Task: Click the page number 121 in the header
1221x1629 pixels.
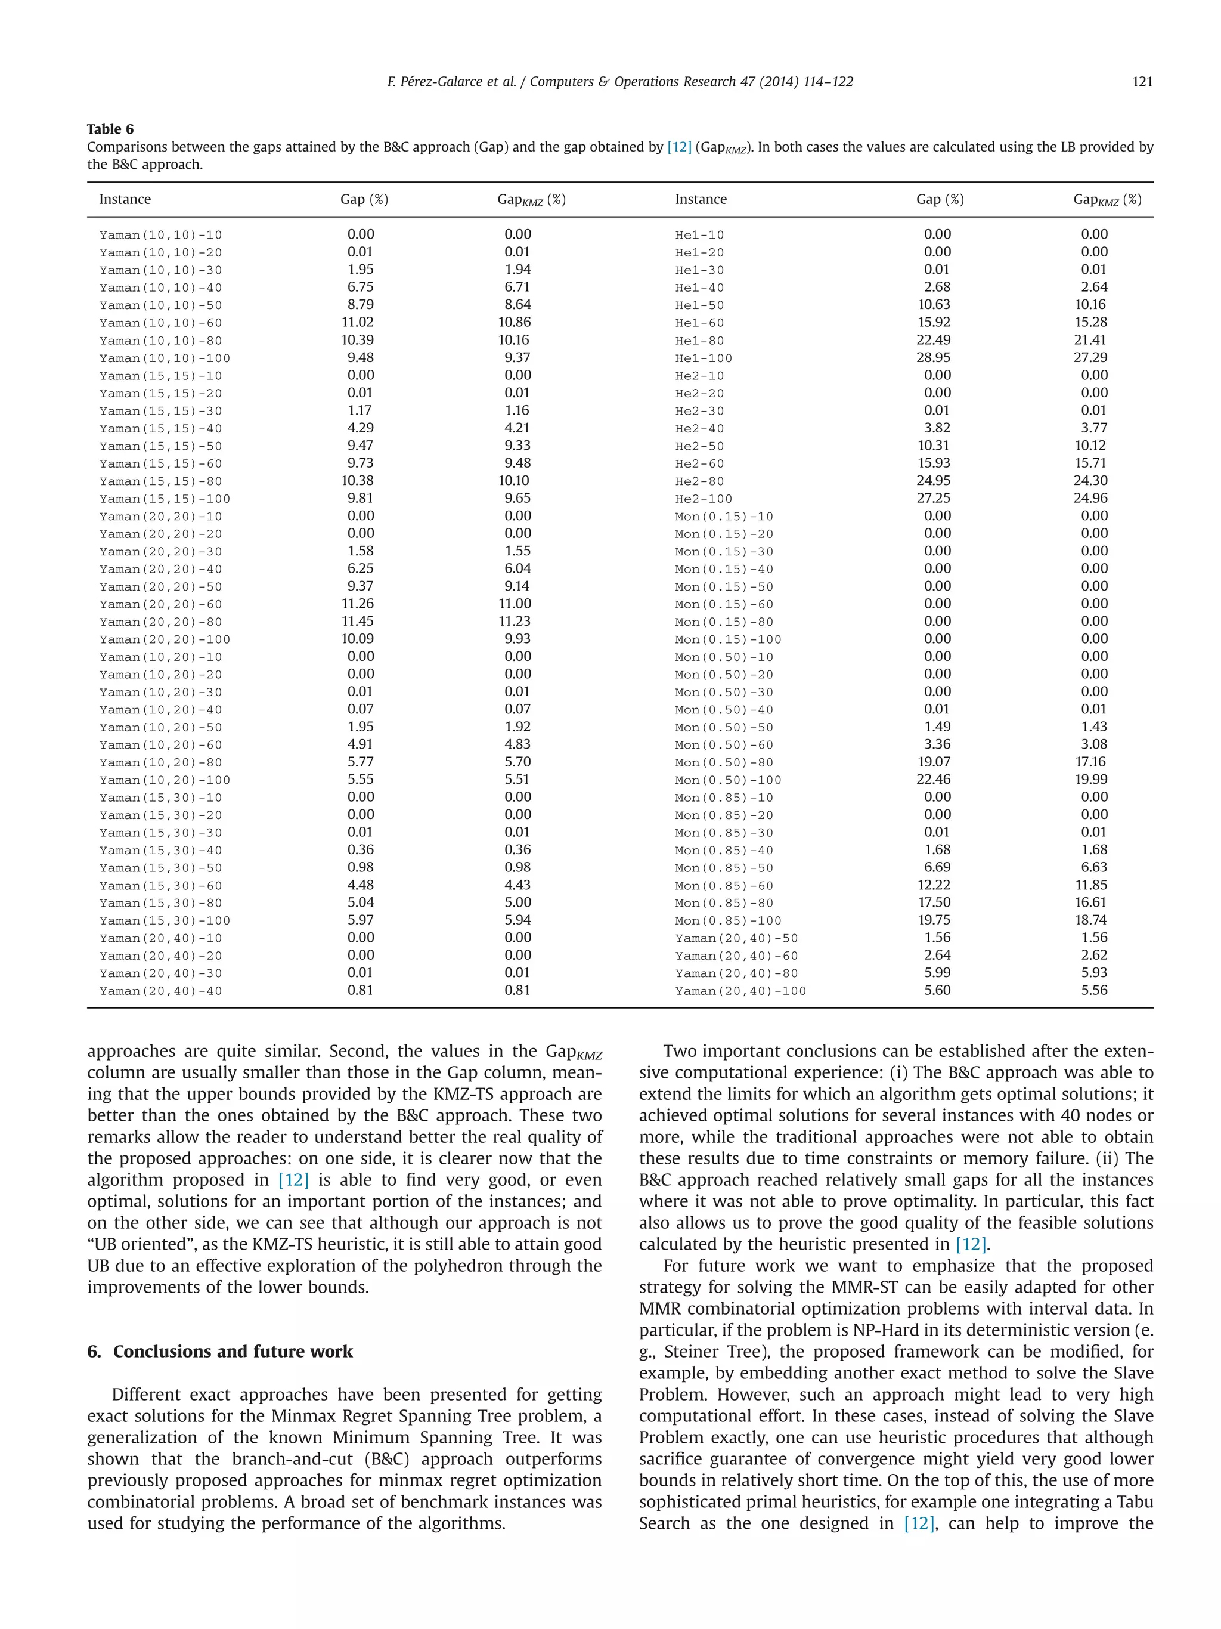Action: (x=1142, y=82)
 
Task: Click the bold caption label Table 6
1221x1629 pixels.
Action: (x=110, y=129)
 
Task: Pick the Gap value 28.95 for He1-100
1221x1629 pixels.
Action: (x=932, y=357)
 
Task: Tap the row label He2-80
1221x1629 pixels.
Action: (x=699, y=481)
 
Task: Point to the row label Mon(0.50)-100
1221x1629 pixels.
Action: (x=727, y=780)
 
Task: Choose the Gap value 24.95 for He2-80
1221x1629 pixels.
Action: (x=932, y=480)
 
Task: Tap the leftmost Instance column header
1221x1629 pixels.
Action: (x=125, y=200)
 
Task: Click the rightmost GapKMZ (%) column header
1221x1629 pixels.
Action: (x=1107, y=200)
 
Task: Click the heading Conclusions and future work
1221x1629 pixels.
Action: (x=233, y=1352)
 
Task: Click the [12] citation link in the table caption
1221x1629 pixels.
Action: (x=678, y=147)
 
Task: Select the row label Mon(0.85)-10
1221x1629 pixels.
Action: (x=723, y=798)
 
